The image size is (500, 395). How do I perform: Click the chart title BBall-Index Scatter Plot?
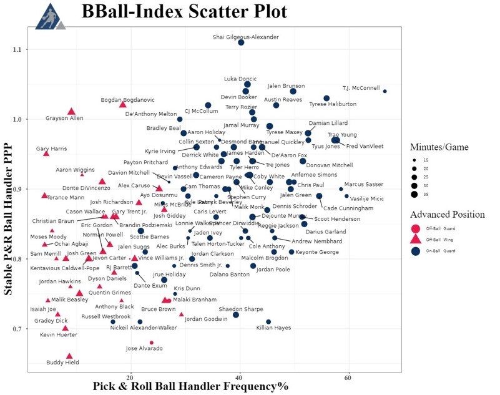click(x=184, y=12)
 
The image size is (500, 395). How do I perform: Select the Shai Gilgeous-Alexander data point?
click(x=241, y=42)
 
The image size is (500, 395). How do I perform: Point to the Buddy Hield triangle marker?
click(x=69, y=356)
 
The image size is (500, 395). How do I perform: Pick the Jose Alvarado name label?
click(x=144, y=348)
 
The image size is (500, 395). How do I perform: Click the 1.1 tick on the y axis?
click(x=19, y=49)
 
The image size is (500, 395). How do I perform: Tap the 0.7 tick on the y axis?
click(x=19, y=329)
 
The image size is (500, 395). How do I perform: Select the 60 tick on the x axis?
click(x=348, y=377)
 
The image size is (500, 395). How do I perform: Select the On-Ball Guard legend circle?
click(x=415, y=251)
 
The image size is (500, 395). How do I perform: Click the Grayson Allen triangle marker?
click(x=72, y=111)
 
